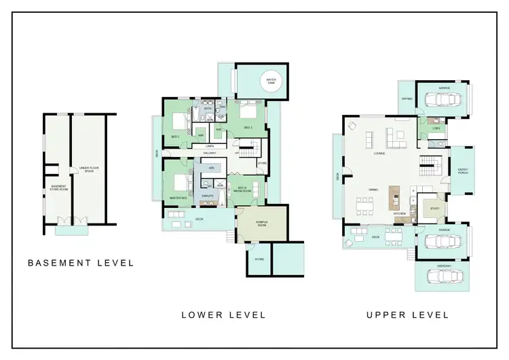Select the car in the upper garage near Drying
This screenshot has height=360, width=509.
point(442,99)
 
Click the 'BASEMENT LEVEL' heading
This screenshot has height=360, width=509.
point(81,262)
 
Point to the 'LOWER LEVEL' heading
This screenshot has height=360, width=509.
point(223,314)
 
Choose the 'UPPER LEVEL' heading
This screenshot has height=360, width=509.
point(407,314)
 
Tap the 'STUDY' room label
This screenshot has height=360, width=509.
point(435,209)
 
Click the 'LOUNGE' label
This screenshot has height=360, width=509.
point(379,154)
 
